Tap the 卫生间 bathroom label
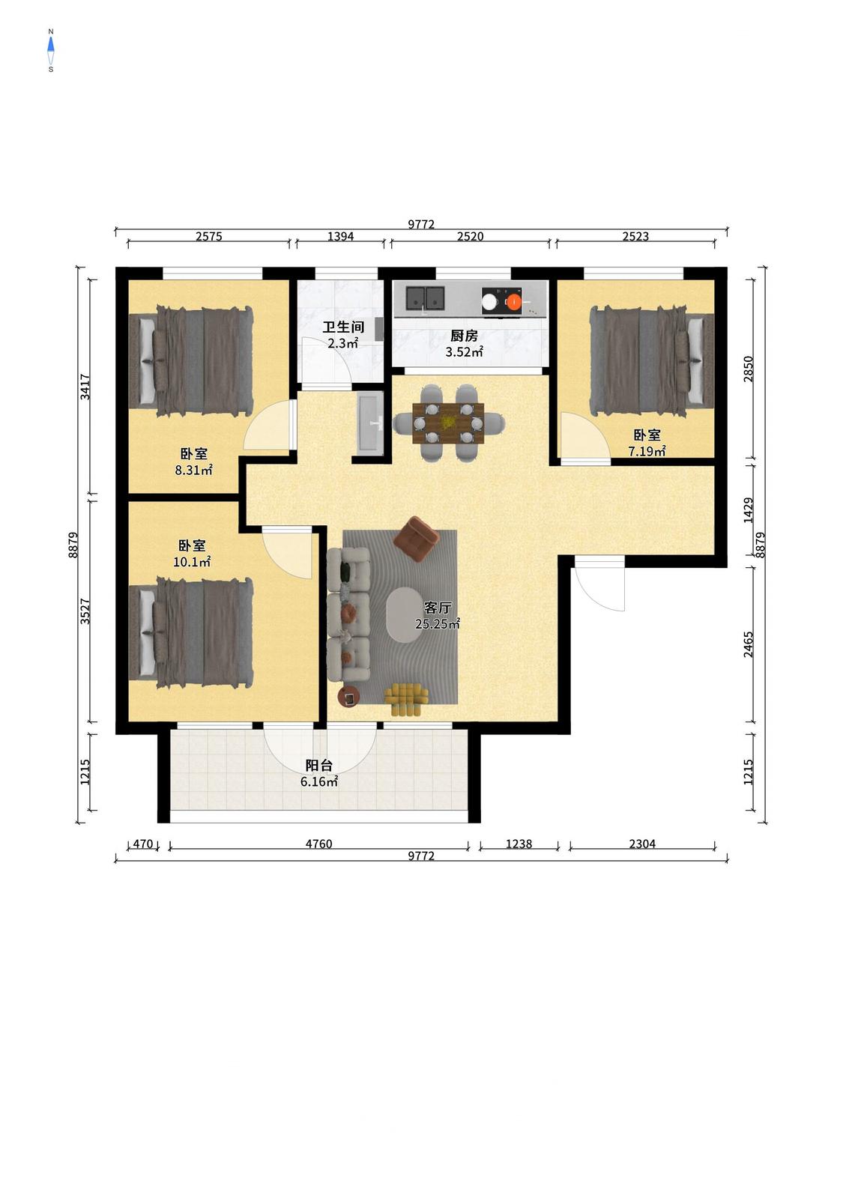click(343, 327)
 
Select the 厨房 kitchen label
click(464, 336)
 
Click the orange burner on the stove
click(513, 302)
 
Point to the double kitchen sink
click(425, 298)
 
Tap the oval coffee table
click(411, 614)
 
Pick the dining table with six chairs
click(448, 423)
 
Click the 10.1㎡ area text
click(192, 561)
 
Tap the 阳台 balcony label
click(319, 766)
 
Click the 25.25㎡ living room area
click(438, 623)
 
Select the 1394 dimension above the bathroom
click(341, 236)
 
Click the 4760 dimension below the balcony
click(318, 844)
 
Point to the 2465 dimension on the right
click(749, 644)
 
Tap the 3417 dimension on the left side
click(85, 387)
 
